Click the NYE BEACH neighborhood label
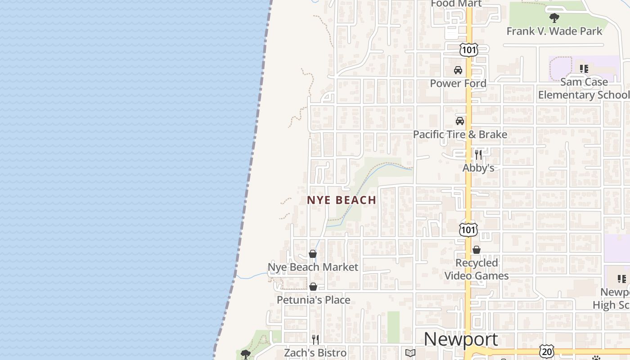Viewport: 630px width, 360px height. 342,200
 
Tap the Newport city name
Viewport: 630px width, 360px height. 461,339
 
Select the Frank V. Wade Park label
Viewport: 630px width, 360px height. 554,31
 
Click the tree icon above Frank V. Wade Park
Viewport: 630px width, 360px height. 554,18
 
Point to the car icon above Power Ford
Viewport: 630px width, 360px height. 458,70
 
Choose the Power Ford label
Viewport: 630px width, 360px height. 458,83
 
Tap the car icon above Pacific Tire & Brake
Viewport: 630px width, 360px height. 460,121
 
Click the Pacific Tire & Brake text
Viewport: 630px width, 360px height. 460,134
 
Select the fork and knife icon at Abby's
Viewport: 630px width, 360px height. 478,155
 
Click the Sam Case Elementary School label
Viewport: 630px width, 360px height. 584,88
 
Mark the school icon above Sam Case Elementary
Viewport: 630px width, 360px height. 584,69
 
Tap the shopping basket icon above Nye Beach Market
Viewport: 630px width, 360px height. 313,254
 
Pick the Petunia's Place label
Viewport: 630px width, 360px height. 313,300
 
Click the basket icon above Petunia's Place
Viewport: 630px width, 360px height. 313,287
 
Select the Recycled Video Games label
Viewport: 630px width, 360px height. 477,269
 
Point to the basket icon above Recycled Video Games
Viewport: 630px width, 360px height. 477,250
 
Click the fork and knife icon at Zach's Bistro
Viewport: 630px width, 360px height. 315,339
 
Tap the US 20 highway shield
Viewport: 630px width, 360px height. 547,351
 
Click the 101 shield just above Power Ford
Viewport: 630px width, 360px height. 469,49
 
